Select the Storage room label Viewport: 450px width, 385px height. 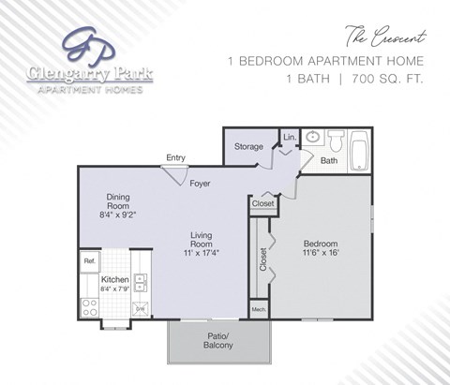coord(248,146)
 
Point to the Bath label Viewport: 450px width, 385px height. coord(329,161)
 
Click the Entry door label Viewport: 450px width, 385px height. coord(175,157)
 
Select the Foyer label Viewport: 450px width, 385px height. coord(200,184)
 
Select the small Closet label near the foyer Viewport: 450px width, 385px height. coord(263,203)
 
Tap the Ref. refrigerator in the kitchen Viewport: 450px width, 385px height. coord(90,260)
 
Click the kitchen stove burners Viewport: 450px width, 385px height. coord(92,305)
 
